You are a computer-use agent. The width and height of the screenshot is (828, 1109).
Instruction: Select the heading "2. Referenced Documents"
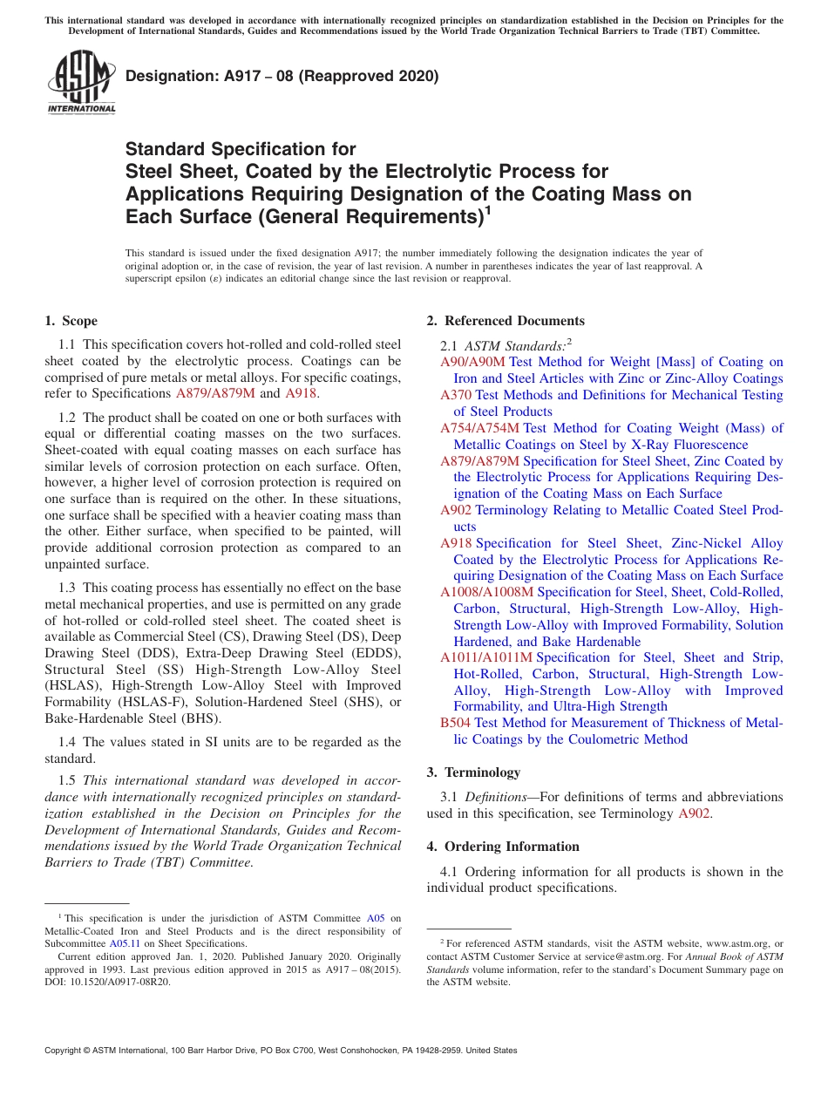pos(506,321)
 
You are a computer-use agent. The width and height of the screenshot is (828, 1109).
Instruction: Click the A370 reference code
pos(455,395)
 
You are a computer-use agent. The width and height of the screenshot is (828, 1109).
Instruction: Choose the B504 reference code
pos(455,723)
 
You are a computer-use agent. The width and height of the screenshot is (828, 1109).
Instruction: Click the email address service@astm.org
pos(618,956)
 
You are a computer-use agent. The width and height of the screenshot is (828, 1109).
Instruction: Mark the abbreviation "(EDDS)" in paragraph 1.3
pos(372,653)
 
